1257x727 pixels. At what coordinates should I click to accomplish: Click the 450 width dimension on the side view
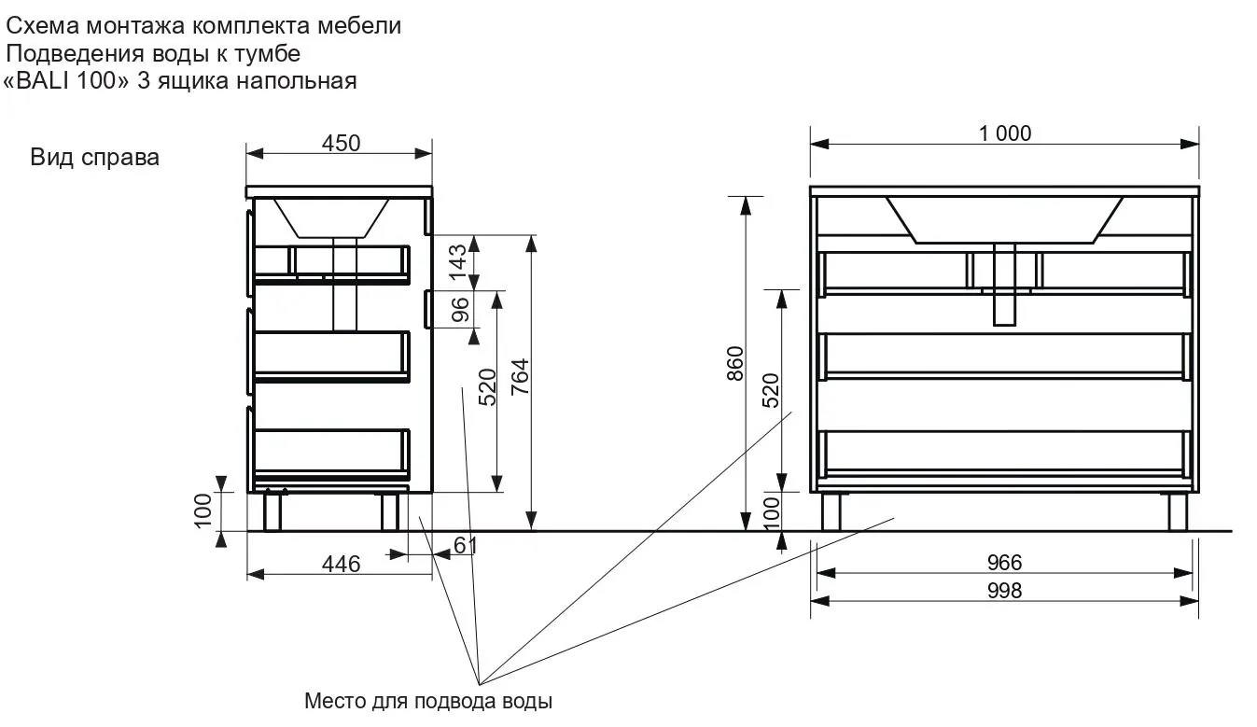[341, 144]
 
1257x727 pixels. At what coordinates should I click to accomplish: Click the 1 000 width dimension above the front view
[1005, 133]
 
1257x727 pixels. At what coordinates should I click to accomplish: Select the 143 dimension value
[458, 262]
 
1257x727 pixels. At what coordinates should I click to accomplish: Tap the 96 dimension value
[460, 309]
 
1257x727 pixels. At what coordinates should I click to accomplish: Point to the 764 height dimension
[520, 377]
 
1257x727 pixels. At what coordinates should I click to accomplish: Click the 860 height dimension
[734, 364]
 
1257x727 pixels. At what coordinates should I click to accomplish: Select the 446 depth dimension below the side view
[341, 565]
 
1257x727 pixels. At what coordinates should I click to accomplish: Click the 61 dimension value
[466, 546]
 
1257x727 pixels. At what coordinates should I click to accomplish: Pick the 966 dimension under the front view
[1004, 563]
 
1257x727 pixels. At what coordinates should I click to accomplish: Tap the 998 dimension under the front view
[1004, 591]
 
